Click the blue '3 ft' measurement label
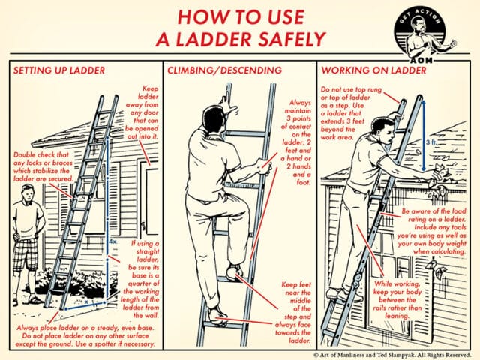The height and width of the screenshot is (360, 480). click(429, 141)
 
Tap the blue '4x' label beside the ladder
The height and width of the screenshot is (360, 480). click(112, 244)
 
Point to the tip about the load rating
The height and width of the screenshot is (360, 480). click(426, 233)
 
